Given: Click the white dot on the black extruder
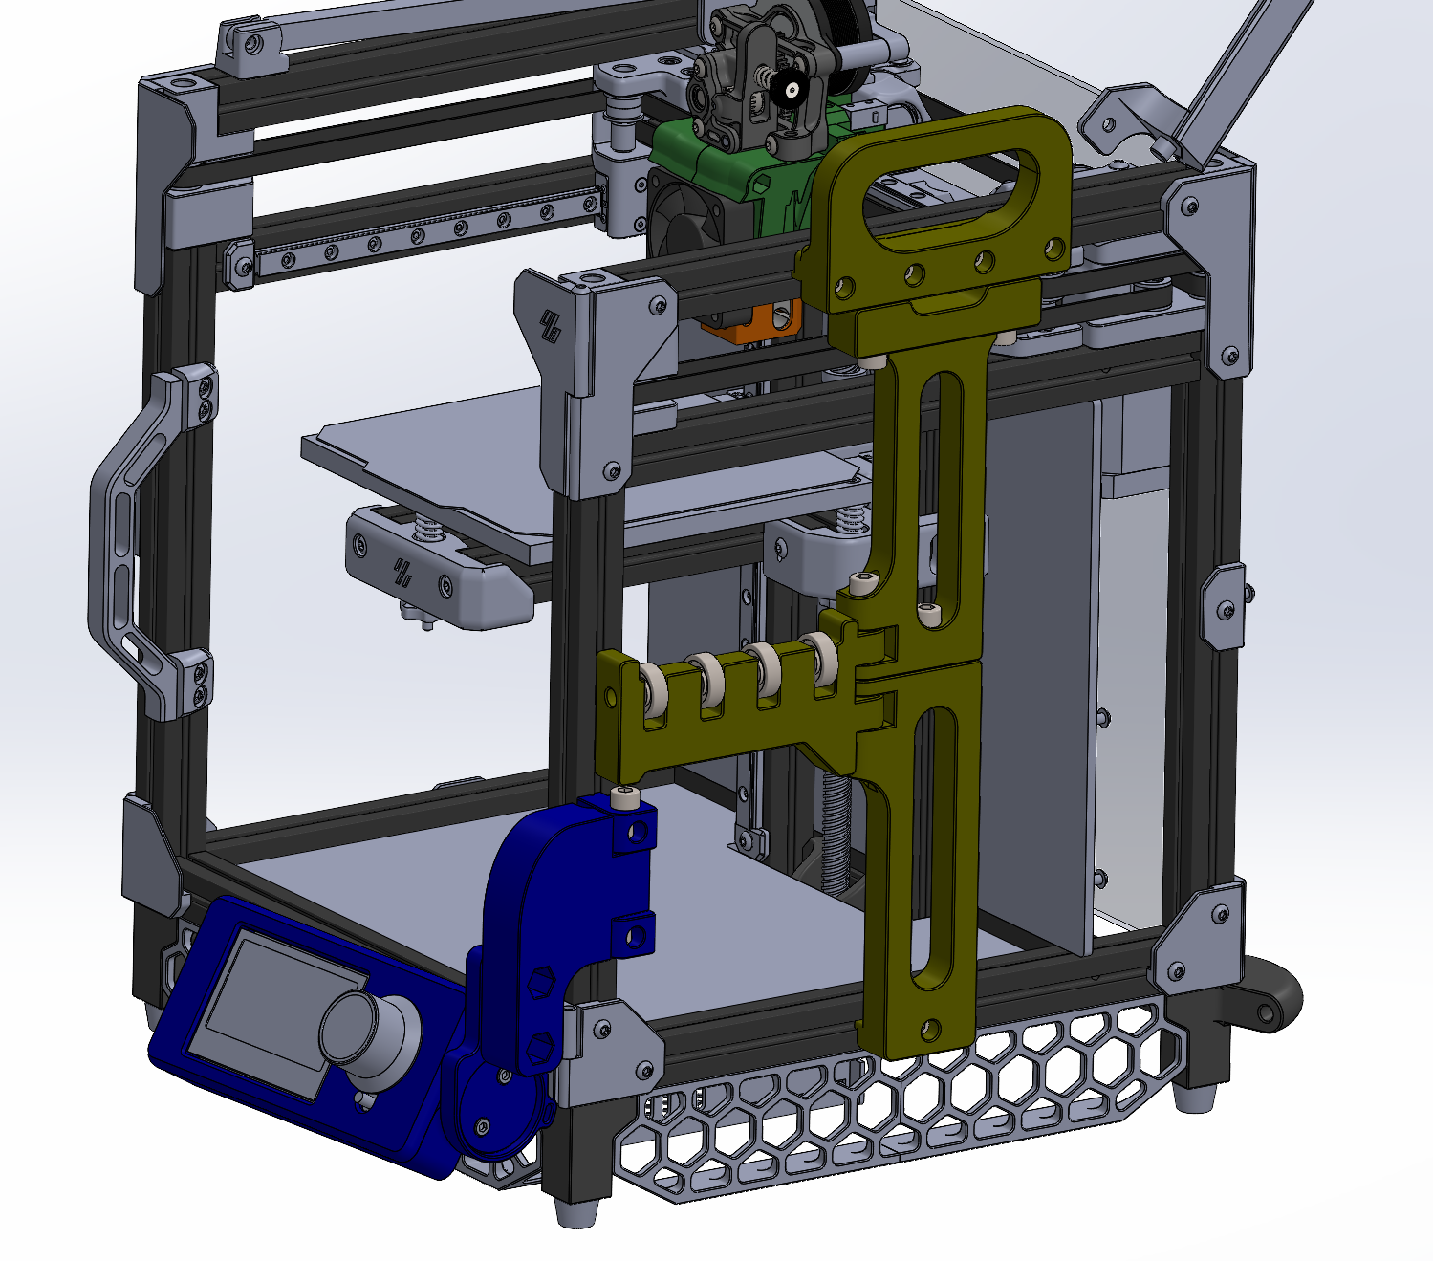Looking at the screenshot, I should [x=792, y=91].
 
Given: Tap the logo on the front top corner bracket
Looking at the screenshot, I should [x=552, y=325].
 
